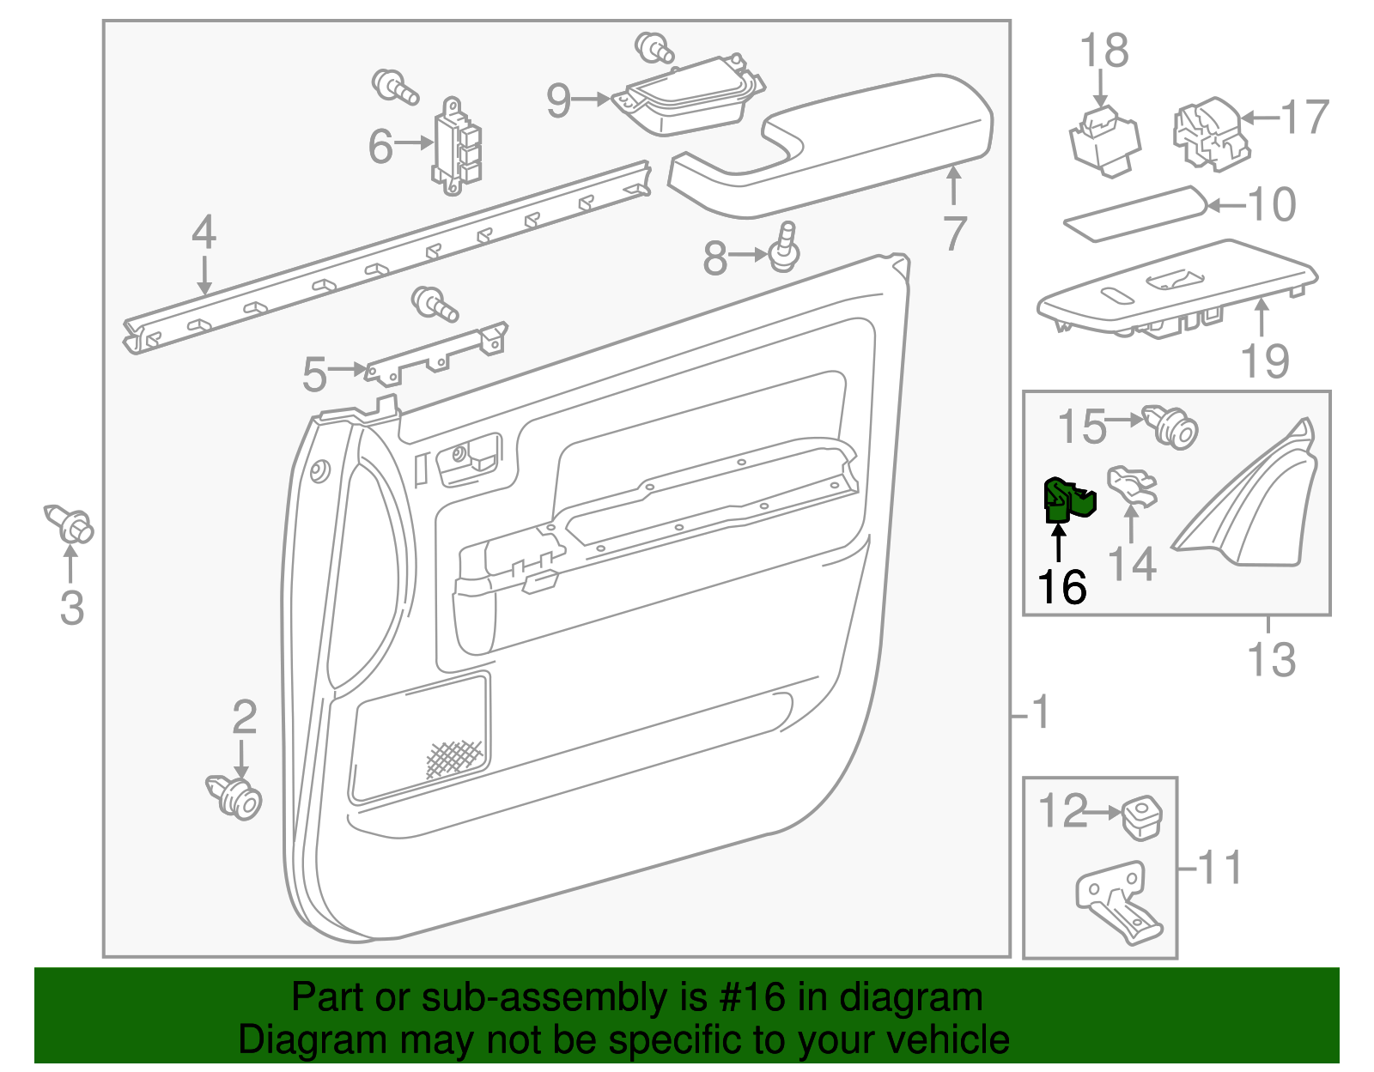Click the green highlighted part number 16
(x=1067, y=500)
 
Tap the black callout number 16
(x=1062, y=588)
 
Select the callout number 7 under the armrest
(x=955, y=233)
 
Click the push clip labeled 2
(x=235, y=796)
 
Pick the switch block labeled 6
(x=457, y=148)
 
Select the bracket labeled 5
(x=436, y=354)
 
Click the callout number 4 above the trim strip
(x=204, y=233)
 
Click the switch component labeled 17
(x=1209, y=133)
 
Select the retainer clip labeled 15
(x=1171, y=427)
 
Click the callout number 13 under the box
(x=1271, y=660)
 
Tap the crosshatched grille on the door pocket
(x=455, y=759)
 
